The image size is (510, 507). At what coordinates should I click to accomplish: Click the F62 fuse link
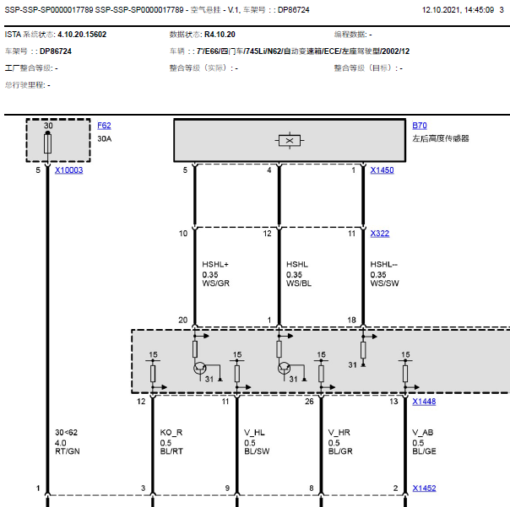click(104, 126)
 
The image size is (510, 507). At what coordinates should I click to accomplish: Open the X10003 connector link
click(69, 170)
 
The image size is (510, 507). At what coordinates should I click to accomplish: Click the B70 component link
click(420, 126)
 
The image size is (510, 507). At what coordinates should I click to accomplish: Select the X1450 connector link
click(382, 170)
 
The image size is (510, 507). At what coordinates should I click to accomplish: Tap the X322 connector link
click(380, 234)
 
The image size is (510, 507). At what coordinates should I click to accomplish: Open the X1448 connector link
click(424, 402)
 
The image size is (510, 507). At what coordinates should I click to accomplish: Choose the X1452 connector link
click(424, 488)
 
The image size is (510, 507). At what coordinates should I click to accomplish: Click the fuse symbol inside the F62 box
click(48, 143)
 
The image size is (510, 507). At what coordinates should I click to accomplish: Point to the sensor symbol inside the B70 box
click(290, 141)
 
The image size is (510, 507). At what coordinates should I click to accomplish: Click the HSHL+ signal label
click(215, 264)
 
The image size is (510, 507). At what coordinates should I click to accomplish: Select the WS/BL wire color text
click(299, 283)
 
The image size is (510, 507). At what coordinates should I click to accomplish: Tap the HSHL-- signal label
click(384, 264)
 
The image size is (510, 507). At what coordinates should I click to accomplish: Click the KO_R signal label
click(171, 433)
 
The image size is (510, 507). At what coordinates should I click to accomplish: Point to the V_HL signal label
click(255, 433)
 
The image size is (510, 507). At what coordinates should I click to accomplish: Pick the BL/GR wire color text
click(340, 451)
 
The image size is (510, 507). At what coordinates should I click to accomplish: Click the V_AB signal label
click(423, 433)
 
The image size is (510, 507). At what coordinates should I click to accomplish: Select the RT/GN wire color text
click(68, 451)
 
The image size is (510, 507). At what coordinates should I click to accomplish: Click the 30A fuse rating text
click(105, 139)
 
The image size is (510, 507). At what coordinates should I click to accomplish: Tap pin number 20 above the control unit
click(183, 320)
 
